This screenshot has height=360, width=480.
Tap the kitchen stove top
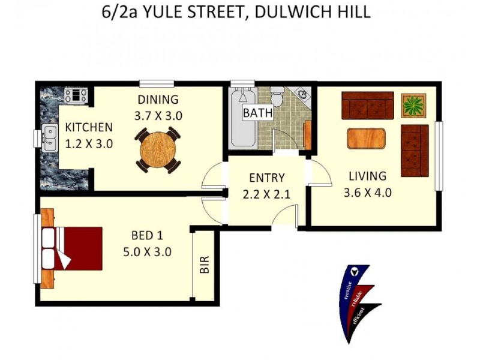tap(77, 94)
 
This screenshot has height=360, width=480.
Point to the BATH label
tap(258, 112)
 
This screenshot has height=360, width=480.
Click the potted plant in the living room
tap(413, 105)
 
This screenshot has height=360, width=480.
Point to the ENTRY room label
tap(266, 178)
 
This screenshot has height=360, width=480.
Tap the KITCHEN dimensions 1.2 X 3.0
tap(89, 144)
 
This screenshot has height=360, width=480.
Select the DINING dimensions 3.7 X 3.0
tap(158, 116)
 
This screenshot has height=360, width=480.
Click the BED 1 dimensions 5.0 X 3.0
tap(147, 251)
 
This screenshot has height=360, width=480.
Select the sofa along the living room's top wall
tap(367, 105)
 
